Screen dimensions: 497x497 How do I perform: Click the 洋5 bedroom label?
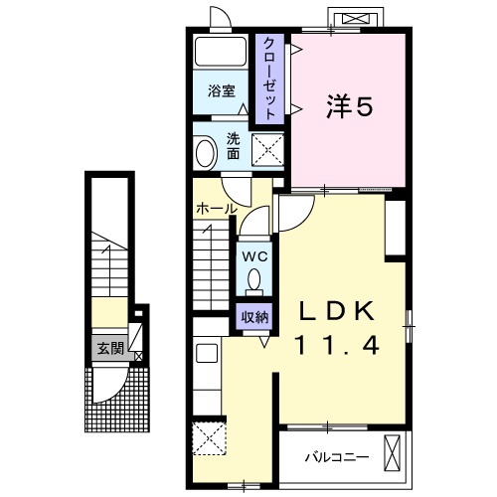(349, 106)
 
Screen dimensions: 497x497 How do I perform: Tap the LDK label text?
(337, 311)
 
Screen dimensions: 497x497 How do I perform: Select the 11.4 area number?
(337, 344)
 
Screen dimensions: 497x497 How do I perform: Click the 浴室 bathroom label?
(222, 91)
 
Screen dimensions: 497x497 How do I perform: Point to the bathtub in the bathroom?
(221, 52)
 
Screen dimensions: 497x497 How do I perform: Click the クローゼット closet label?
(269, 79)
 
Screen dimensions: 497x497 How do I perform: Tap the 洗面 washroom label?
(234, 146)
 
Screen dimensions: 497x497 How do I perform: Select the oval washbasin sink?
(206, 153)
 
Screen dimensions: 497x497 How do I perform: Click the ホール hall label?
(217, 209)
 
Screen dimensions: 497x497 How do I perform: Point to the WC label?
(254, 256)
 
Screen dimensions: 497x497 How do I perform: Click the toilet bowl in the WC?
(254, 280)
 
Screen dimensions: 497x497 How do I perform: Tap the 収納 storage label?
(254, 318)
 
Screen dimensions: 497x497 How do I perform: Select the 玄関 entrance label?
(110, 349)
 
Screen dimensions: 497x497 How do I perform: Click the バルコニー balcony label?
(337, 457)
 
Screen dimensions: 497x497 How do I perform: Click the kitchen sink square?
(207, 353)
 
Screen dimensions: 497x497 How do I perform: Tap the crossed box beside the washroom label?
(267, 149)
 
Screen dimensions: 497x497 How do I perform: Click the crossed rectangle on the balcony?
(393, 453)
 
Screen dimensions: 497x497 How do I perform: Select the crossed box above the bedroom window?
(355, 19)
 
